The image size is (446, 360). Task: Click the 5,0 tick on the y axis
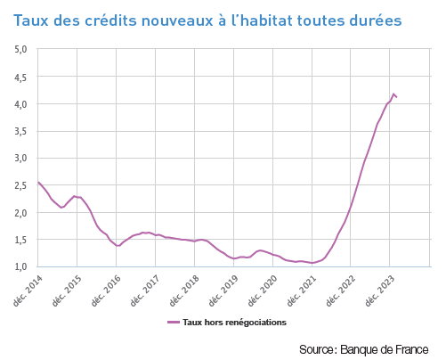(21, 49)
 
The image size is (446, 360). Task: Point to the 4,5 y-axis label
(21, 77)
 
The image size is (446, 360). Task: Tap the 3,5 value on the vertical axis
(21, 131)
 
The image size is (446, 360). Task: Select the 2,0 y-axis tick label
(21, 213)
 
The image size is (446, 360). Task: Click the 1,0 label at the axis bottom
(21, 267)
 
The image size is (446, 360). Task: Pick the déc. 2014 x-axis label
(26, 290)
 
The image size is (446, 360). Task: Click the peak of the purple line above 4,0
(393, 93)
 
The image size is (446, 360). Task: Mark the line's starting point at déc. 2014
(38, 182)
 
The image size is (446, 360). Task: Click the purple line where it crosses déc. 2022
(352, 205)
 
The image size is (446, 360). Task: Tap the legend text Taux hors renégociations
(234, 323)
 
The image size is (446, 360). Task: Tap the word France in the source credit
(409, 348)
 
